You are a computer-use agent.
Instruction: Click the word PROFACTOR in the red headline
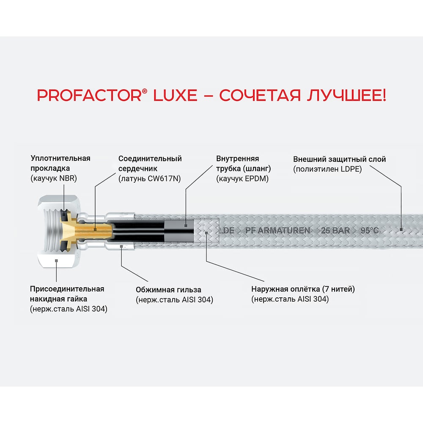click(89, 95)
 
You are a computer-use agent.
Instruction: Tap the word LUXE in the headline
click(175, 95)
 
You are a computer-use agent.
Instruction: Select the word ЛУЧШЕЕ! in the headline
click(346, 95)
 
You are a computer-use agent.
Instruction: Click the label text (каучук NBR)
click(54, 179)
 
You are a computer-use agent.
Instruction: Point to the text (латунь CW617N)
click(150, 179)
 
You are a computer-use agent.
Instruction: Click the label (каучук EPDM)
click(242, 179)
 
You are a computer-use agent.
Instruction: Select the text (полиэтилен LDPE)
click(327, 169)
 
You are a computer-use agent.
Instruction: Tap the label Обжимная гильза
click(168, 290)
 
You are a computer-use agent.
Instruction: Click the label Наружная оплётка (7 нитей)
click(303, 289)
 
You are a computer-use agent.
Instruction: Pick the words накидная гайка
click(58, 299)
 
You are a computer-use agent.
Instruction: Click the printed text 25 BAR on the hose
click(335, 231)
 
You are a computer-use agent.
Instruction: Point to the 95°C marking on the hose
click(370, 231)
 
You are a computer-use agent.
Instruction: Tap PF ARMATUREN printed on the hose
click(277, 231)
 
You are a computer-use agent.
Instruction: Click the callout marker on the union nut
click(56, 261)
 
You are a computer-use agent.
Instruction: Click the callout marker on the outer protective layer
click(401, 230)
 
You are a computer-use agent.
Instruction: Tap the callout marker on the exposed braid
click(206, 233)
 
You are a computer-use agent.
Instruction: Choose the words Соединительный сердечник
click(150, 163)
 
